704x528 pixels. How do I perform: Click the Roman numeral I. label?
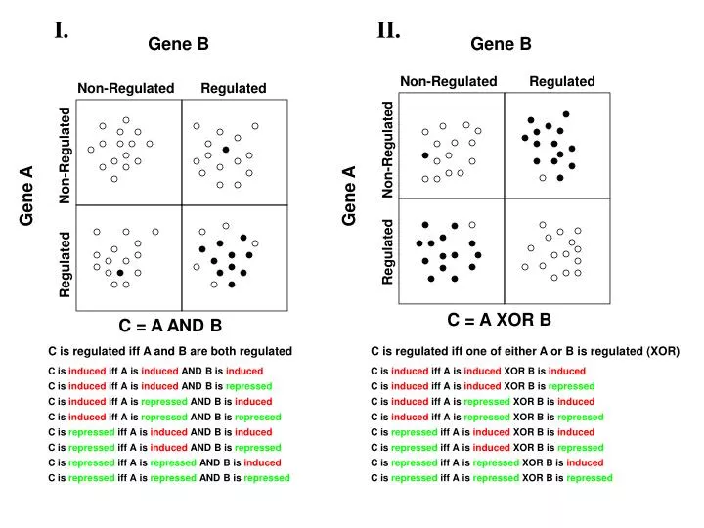61,29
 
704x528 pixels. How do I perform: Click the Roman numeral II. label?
388,30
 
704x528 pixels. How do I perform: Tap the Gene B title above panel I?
178,44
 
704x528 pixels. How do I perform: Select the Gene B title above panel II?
501,44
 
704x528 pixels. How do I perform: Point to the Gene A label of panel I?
27,197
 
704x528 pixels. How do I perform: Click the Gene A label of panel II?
349,197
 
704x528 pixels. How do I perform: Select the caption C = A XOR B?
500,319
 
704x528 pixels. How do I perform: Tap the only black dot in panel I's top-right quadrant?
226,149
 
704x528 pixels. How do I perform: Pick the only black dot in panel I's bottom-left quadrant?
119,273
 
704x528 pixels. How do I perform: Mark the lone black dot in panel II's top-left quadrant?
424,155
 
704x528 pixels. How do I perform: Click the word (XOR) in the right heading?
662,351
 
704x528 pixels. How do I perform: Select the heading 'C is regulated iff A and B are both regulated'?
170,351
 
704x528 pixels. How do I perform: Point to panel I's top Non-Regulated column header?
126,89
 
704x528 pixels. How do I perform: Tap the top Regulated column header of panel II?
562,81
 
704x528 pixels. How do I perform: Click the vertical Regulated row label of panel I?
66,264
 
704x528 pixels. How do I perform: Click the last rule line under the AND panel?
169,478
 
